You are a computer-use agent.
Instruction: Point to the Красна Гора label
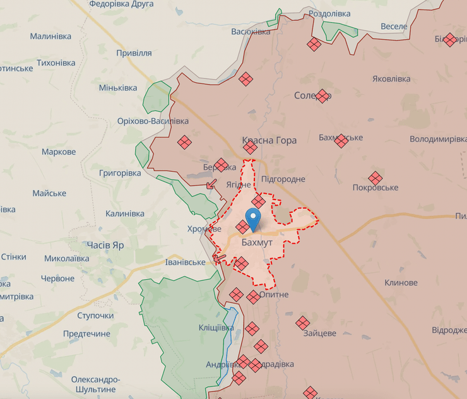point(269,140)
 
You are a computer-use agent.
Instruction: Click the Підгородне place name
point(283,179)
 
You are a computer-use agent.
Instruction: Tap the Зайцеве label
point(319,333)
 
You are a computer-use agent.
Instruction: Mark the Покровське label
point(375,188)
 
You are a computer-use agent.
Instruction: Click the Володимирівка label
point(437,139)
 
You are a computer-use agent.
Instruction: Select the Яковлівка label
point(391,79)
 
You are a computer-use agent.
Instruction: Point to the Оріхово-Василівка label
point(153,121)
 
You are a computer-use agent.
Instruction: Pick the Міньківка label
point(118,87)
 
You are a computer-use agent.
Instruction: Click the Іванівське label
point(186,262)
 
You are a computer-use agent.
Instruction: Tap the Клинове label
point(401,283)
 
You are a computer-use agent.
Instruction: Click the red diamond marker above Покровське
point(375,178)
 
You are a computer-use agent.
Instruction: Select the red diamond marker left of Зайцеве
point(302,323)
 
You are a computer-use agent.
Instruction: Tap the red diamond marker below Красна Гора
point(251,148)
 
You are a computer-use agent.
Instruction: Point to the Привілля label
point(134,53)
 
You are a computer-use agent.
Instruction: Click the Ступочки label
point(95,315)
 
